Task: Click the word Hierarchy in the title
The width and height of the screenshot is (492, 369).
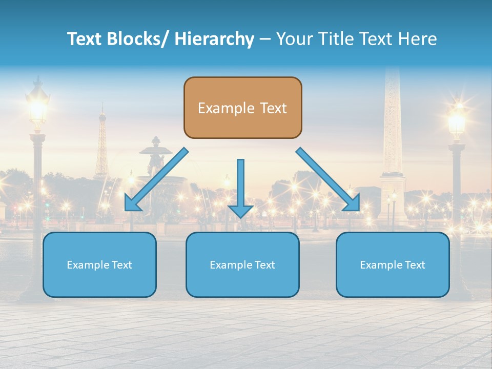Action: (214, 39)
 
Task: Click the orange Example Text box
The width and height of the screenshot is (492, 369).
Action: (242, 108)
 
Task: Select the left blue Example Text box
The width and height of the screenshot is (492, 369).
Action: (99, 264)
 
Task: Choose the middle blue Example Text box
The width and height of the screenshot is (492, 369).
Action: (242, 264)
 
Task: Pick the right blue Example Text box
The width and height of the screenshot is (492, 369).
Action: (393, 264)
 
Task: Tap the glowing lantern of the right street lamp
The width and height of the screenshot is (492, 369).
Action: (456, 120)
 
